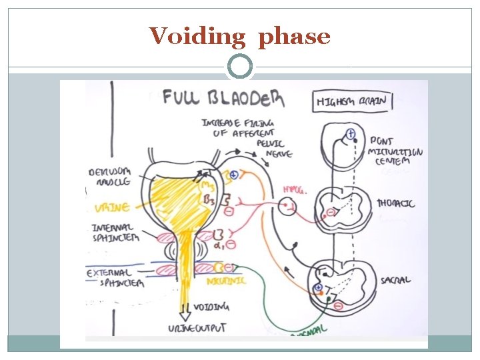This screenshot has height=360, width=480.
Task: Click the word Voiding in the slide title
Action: [x=197, y=36]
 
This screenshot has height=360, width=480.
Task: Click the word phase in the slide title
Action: [x=294, y=37]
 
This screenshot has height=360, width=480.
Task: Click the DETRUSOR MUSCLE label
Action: [x=111, y=176]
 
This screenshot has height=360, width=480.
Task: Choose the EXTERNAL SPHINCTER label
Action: [x=115, y=277]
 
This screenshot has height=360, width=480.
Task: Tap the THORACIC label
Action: [x=395, y=203]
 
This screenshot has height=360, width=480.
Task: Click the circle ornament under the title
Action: [x=240, y=67]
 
